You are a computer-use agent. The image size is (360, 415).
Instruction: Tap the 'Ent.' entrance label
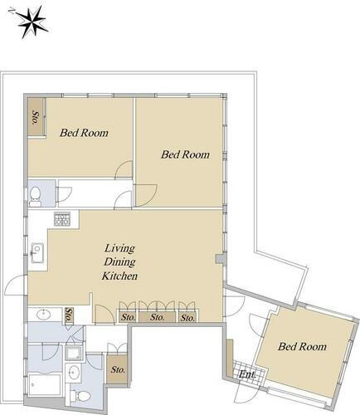[247, 374]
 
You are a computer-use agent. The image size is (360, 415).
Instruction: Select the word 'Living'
[119, 248]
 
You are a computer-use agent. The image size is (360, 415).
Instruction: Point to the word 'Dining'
[119, 261]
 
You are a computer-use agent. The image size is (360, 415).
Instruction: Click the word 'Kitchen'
[119, 276]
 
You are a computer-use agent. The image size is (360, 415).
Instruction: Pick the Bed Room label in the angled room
[302, 346]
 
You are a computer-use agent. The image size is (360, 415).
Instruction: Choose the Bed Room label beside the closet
[84, 133]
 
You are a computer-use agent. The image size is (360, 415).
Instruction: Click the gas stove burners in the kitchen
[62, 218]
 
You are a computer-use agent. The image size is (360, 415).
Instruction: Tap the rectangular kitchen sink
[37, 253]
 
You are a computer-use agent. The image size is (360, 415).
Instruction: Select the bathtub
[45, 385]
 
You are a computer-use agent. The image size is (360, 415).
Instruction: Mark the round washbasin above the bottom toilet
[74, 372]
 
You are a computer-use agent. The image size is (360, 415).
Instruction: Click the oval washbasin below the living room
[44, 315]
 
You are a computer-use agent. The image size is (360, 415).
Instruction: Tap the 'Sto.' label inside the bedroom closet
[36, 117]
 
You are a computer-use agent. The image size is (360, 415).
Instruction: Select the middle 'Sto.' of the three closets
[157, 317]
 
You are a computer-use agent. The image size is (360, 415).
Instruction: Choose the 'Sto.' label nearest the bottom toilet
[118, 369]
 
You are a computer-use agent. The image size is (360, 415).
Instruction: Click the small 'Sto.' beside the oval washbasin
[69, 315]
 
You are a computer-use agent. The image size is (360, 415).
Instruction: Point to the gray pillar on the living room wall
[219, 259]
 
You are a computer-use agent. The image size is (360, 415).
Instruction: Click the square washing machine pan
[74, 353]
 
